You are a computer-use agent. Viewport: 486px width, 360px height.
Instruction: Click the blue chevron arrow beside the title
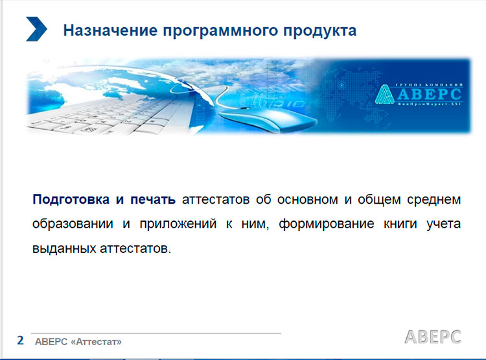pyautogui.click(x=36, y=29)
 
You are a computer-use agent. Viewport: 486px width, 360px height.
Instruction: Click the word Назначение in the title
pyautogui.click(x=110, y=30)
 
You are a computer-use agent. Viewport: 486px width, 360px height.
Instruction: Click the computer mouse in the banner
pyautogui.click(x=266, y=119)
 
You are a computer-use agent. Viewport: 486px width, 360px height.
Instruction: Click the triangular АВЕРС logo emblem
pyautogui.click(x=384, y=94)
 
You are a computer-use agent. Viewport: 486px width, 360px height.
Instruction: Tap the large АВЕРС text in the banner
pyautogui.click(x=430, y=94)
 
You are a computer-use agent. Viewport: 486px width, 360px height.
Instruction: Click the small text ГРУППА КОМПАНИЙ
pyautogui.click(x=429, y=85)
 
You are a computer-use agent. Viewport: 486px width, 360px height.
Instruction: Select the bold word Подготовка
pyautogui.click(x=71, y=200)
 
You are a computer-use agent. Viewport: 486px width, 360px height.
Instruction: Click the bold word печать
pyautogui.click(x=153, y=200)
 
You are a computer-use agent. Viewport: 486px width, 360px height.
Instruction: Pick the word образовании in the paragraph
pyautogui.click(x=73, y=224)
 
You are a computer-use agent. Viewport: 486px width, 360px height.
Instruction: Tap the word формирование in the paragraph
pyautogui.click(x=327, y=224)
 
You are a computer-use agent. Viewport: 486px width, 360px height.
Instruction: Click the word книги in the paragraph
pyautogui.click(x=400, y=224)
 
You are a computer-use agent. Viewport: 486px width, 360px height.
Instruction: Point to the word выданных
pyautogui.click(x=64, y=248)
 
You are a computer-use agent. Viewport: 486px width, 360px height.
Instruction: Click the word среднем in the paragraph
pyautogui.click(x=434, y=200)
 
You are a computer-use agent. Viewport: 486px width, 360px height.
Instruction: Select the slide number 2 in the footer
pyautogui.click(x=21, y=340)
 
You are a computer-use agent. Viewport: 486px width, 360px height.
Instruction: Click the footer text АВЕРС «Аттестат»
pyautogui.click(x=78, y=342)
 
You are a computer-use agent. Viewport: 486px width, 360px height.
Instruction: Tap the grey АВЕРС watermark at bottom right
pyautogui.click(x=433, y=337)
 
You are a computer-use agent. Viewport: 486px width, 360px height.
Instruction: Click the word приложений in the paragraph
pyautogui.click(x=178, y=224)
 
